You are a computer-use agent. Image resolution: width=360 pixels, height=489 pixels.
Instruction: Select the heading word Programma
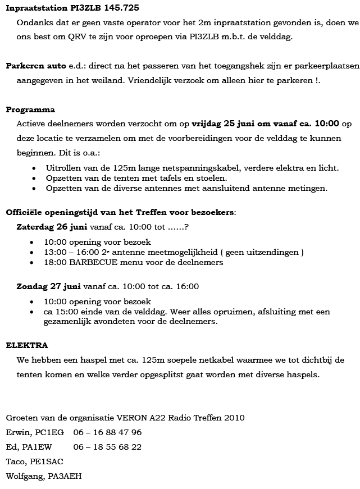(x=30, y=109)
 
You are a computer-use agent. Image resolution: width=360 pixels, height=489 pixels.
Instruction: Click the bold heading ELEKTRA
(x=26, y=345)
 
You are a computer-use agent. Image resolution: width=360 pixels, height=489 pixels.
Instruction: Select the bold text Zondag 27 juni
(x=49, y=286)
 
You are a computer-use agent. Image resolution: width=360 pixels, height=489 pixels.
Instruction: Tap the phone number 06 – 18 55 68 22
(x=107, y=447)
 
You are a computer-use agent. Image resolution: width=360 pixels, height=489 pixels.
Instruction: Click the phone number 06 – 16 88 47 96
(x=107, y=432)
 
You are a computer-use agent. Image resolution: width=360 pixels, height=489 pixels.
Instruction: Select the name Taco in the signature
(x=15, y=461)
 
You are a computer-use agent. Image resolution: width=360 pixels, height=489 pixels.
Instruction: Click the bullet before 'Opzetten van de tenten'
(x=35, y=178)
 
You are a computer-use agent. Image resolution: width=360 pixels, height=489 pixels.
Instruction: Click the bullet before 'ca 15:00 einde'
(x=35, y=312)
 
